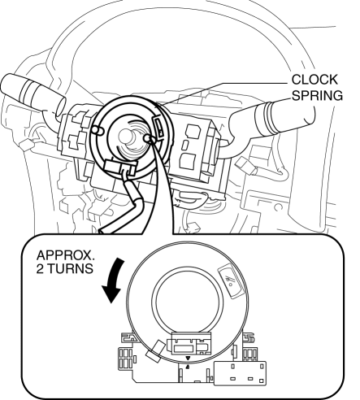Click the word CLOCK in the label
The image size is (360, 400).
pyautogui.click(x=314, y=80)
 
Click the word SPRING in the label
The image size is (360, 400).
pyautogui.click(x=317, y=95)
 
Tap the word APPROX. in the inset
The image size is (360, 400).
pyautogui.click(x=66, y=255)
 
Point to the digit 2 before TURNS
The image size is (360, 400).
pyautogui.click(x=40, y=268)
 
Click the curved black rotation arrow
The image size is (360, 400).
pyautogui.click(x=113, y=280)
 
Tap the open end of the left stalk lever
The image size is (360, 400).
pyautogui.click(x=61, y=107)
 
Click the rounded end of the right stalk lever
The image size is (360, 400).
pyautogui.click(x=311, y=116)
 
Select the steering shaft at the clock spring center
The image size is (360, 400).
pyautogui.click(x=127, y=136)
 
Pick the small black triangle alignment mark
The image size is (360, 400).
pyautogui.click(x=188, y=359)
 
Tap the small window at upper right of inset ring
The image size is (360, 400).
pyautogui.click(x=231, y=281)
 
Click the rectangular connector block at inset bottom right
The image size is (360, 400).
pyautogui.click(x=240, y=373)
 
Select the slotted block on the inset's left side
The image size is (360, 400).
pyautogui.click(x=126, y=358)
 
